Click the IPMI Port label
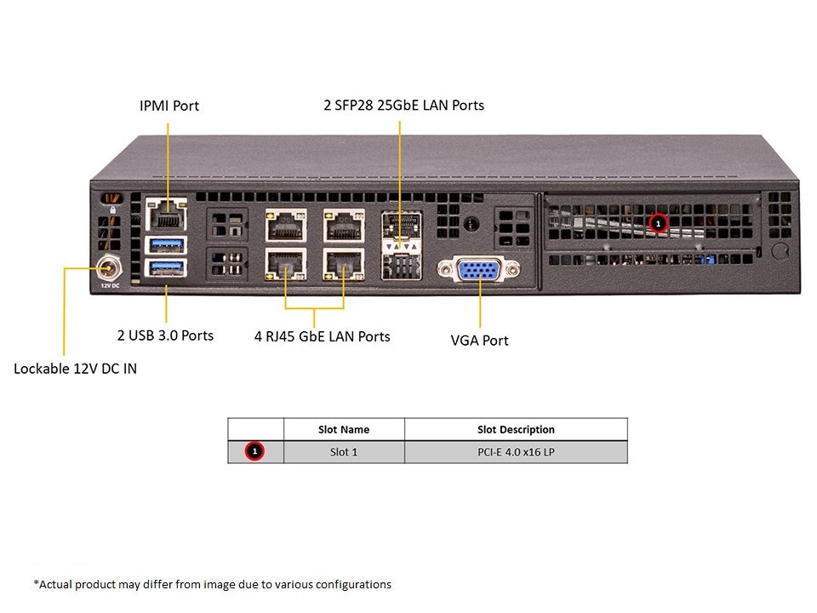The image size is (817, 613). tap(169, 106)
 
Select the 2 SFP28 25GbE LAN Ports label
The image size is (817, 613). tap(403, 106)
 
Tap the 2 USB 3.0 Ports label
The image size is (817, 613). tap(165, 335)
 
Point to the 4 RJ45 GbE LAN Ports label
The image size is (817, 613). tap(322, 336)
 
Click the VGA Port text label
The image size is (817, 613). tap(479, 341)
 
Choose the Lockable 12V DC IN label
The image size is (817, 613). tap(75, 369)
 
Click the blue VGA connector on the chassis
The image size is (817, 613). tap(479, 270)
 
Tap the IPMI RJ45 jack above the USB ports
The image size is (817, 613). tap(166, 215)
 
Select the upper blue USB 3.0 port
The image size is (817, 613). tap(167, 244)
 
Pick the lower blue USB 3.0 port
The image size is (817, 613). tap(167, 267)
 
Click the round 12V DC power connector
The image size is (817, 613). tap(109, 268)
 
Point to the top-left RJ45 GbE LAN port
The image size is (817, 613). tap(286, 225)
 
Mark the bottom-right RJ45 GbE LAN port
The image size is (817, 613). tap(343, 264)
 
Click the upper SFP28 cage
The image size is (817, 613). tap(401, 225)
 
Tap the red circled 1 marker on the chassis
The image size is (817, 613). tap(658, 224)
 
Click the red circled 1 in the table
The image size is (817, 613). tap(254, 451)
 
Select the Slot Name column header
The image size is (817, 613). tap(344, 429)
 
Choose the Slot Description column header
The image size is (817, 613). tap(516, 429)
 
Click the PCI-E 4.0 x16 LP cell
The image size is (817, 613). tap(516, 452)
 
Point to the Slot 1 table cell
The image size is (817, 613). tap(344, 452)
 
